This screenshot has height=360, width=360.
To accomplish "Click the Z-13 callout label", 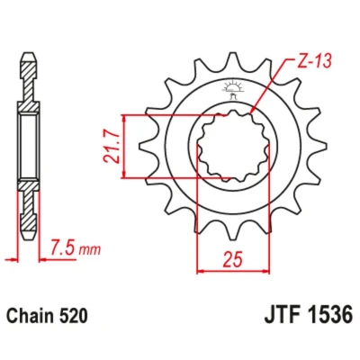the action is click(313, 61).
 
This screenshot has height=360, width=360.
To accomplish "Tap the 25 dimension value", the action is click(232, 259).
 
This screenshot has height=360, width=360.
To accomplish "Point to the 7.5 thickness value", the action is click(63, 247).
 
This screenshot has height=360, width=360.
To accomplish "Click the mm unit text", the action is click(89, 249).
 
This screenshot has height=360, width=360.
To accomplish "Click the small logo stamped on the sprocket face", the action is click(230, 89).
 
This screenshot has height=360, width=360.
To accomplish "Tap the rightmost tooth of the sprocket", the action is click(319, 147).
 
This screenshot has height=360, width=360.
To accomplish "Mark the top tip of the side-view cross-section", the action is click(29, 54).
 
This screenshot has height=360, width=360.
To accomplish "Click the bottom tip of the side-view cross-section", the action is click(29, 239).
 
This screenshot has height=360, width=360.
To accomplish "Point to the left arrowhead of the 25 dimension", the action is click(201, 271).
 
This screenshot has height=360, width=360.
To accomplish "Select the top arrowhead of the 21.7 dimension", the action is click(124, 119).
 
